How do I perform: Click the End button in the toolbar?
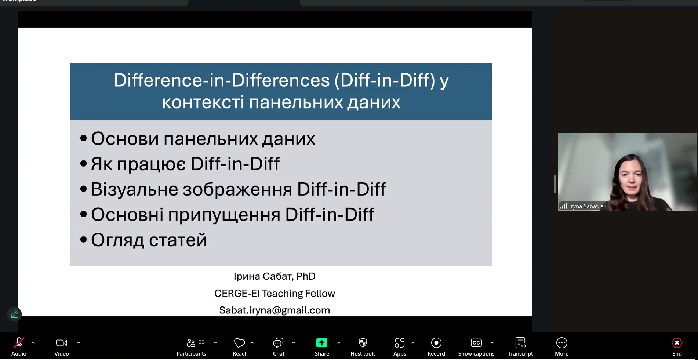point(677,347)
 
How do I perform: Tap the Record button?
point(436,347)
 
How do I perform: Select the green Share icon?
point(321,343)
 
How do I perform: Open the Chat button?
point(279,347)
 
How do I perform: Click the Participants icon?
point(191,343)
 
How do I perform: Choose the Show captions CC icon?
point(476,343)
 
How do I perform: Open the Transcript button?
point(520,347)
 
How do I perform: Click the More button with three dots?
point(561,347)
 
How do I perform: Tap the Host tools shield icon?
point(363,343)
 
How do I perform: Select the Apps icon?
point(400,343)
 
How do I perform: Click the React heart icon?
point(239,343)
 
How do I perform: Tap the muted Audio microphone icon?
point(19,343)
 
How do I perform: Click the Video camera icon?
point(61,343)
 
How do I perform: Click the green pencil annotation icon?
point(14,314)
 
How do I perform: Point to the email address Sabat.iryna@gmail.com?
point(275,310)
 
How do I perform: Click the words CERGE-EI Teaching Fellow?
point(275,293)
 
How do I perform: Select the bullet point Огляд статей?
point(149,240)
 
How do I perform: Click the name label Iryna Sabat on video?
point(588,206)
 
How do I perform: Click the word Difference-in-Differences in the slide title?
point(222,80)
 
